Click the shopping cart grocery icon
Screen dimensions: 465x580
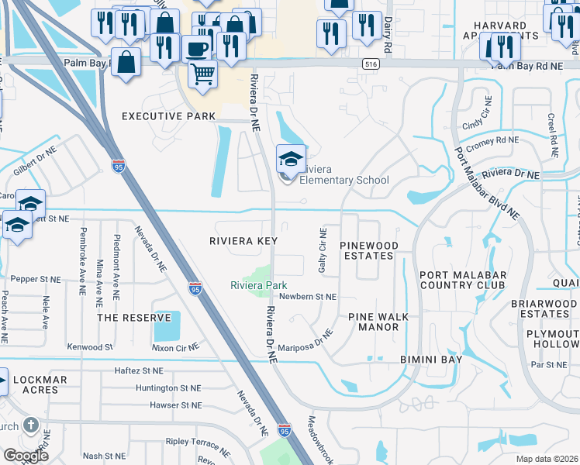[x=202, y=74]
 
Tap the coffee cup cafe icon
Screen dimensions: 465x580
[x=196, y=48]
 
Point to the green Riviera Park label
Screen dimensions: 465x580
[x=259, y=285]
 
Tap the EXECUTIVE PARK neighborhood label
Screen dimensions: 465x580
[x=168, y=116]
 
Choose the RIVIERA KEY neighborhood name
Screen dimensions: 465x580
[x=243, y=241]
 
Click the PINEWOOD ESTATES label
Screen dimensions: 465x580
[x=369, y=250]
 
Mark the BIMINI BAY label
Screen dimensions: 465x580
[x=431, y=360]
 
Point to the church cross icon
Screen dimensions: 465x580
[x=30, y=425]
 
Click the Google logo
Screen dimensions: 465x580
[x=26, y=456]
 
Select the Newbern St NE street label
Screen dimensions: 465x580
[x=308, y=297]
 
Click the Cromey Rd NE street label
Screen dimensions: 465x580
[x=490, y=140]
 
